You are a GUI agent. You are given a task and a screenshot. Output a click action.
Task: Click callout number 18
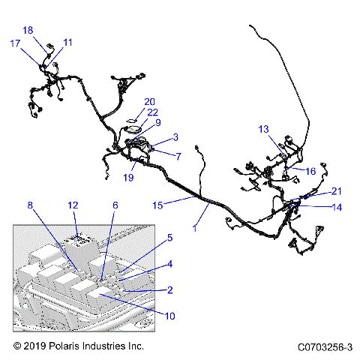[28, 31]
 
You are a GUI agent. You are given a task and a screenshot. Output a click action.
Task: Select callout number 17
[15, 43]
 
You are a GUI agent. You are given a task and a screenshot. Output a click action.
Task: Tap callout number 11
[67, 43]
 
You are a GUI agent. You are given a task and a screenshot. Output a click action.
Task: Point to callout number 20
[149, 101]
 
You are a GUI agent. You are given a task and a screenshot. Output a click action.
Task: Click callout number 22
[152, 112]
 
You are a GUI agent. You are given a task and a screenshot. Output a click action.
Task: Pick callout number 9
[157, 122]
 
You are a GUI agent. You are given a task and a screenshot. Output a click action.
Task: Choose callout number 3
[175, 137]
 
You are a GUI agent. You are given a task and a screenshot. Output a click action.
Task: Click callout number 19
[128, 178]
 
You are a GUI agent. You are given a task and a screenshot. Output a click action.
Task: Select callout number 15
[157, 204]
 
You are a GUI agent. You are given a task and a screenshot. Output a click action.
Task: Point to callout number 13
[264, 129]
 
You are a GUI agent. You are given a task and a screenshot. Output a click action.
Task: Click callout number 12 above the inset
[73, 205]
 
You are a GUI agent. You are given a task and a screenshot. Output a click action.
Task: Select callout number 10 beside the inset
[170, 316]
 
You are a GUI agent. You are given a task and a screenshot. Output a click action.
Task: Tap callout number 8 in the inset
[31, 205]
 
